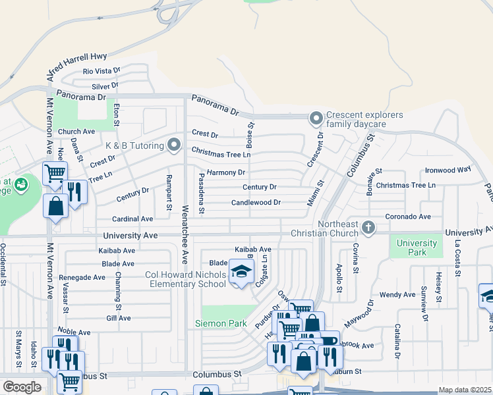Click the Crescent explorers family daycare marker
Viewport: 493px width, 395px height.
[x=316, y=119]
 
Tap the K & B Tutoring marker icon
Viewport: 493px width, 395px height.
[x=174, y=144]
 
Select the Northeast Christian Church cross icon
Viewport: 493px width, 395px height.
[x=368, y=228]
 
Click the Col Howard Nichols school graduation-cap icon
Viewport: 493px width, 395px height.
[x=241, y=273]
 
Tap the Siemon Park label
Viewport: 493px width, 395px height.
[x=221, y=323]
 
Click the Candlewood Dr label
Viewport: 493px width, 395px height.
[x=256, y=203]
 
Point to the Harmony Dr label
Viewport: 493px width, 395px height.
[x=225, y=172]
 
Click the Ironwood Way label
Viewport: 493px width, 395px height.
[x=448, y=169]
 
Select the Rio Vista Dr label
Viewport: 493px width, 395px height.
[x=101, y=70]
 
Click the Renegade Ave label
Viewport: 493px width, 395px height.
[x=82, y=278]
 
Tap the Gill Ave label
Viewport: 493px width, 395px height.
[x=119, y=317]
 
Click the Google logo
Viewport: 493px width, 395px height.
[x=22, y=387]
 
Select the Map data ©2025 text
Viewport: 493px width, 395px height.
[x=465, y=390]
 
